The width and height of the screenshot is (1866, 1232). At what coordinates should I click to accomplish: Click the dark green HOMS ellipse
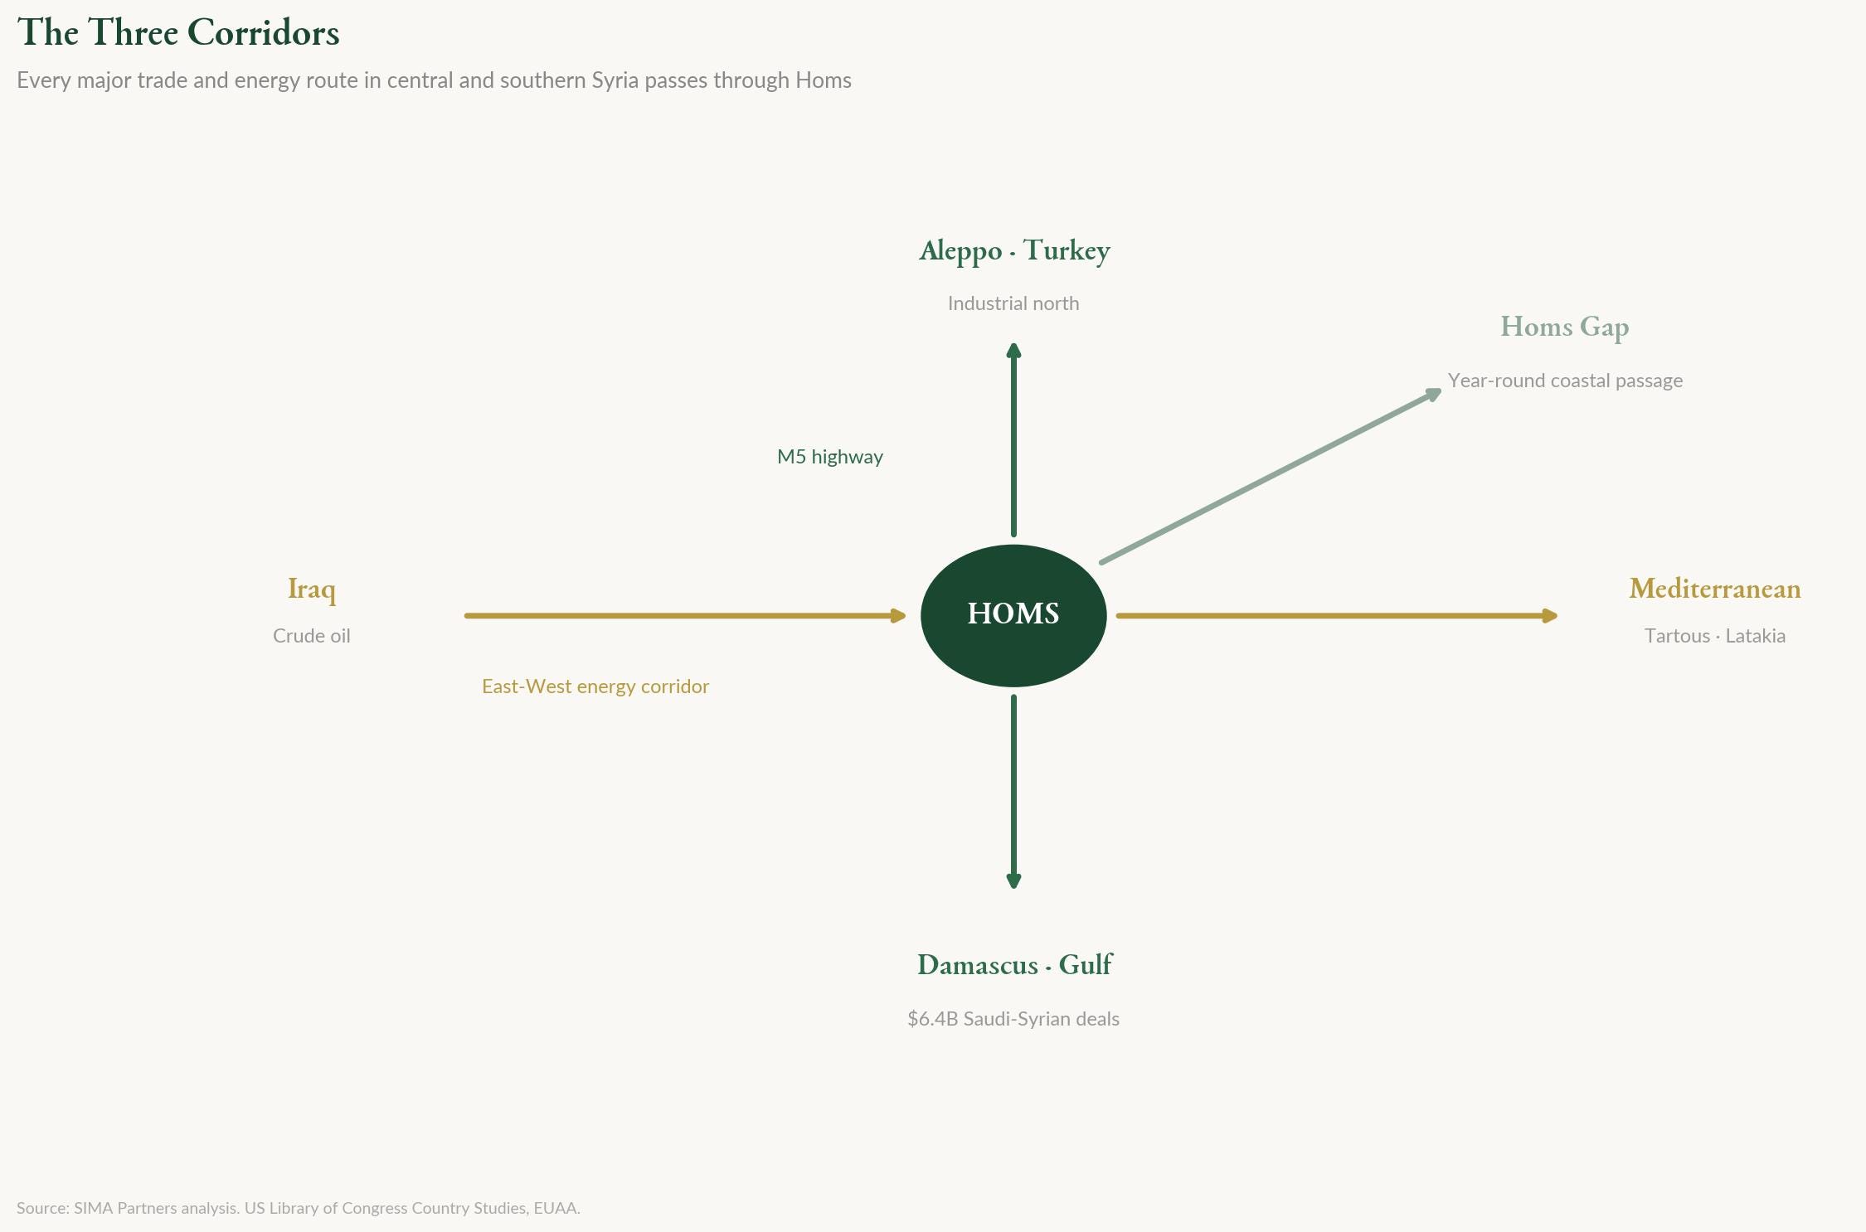(1013, 615)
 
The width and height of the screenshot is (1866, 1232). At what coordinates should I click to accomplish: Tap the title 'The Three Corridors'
(178, 33)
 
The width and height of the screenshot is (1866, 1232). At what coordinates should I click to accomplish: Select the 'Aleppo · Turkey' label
(1014, 250)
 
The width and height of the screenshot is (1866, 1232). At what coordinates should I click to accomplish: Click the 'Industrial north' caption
(1013, 303)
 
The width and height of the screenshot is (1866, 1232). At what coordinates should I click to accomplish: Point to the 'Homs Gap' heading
(1564, 327)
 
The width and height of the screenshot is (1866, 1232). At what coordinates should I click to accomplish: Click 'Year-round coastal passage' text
(1565, 381)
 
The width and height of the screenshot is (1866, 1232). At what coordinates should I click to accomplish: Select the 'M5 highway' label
(829, 457)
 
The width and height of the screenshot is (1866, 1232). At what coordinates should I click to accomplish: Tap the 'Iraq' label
(311, 589)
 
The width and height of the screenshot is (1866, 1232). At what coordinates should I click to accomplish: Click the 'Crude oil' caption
(311, 636)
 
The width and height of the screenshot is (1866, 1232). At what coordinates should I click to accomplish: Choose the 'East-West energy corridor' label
(595, 686)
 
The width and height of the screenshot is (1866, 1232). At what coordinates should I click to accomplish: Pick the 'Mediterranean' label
(1714, 589)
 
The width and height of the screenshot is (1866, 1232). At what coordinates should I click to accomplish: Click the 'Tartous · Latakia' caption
(1714, 636)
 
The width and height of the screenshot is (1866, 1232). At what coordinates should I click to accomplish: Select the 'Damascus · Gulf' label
(1014, 965)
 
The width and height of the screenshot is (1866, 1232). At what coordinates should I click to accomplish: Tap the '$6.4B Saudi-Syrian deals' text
(1013, 1019)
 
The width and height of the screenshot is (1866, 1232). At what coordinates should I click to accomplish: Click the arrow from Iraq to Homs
(684, 616)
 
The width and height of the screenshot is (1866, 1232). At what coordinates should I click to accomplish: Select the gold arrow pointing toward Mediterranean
(1335, 616)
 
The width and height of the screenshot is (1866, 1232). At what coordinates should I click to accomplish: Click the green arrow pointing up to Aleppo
(1013, 439)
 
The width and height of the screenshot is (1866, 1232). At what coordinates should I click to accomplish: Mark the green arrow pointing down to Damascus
(1013, 792)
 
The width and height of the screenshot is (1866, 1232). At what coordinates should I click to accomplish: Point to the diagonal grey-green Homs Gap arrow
(1269, 477)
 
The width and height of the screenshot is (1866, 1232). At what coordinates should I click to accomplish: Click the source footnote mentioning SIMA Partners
(298, 1208)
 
